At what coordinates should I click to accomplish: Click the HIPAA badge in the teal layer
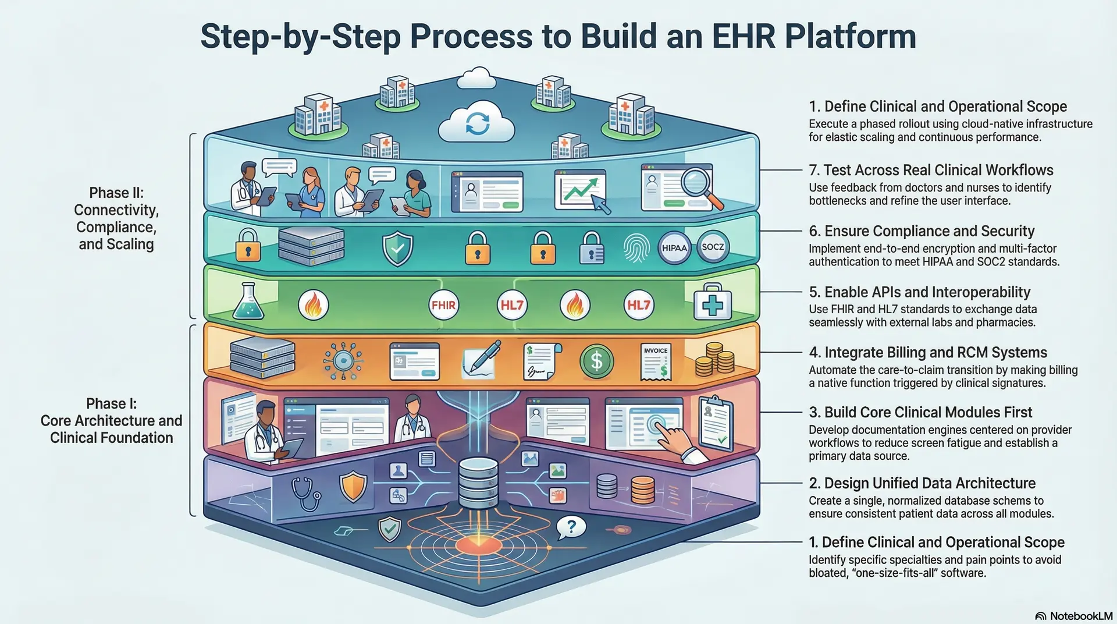(674, 248)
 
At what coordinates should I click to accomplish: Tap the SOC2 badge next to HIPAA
(713, 247)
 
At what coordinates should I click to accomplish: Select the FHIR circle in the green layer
(443, 304)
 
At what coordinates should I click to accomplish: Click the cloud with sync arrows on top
(477, 123)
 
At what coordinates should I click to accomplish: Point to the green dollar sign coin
(596, 361)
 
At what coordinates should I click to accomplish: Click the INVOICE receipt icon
(656, 361)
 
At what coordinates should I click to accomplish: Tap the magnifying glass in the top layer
(696, 183)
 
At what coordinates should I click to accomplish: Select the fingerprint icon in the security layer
(635, 248)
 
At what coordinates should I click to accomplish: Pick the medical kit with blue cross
(713, 303)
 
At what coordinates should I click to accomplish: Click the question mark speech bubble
(571, 527)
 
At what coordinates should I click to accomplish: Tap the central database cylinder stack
(478, 483)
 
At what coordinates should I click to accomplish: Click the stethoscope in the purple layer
(306, 494)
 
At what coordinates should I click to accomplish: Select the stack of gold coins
(714, 359)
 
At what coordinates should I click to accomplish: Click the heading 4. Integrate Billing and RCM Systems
(927, 353)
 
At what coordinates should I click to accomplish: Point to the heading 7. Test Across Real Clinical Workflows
(931, 171)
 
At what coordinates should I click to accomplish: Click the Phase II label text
(116, 218)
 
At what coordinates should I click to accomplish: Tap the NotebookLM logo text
(1080, 616)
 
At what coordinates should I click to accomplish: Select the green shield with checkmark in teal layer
(397, 249)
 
